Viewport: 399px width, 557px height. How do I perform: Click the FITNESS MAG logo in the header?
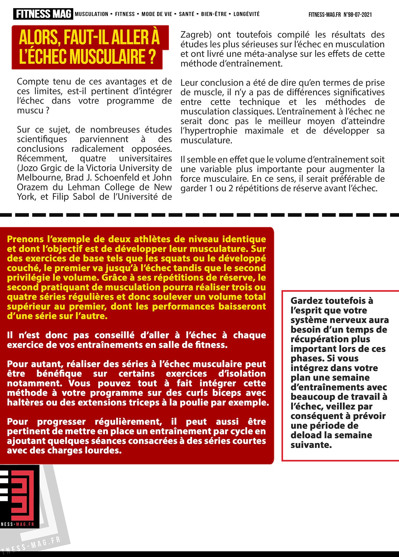click(x=43, y=14)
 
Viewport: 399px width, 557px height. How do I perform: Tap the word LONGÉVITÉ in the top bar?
click(x=246, y=14)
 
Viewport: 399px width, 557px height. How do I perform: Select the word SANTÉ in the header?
click(x=186, y=14)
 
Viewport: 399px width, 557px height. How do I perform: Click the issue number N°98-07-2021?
click(x=358, y=14)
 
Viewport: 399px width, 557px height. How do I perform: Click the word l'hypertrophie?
click(x=209, y=131)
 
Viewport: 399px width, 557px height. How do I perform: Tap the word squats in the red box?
click(x=197, y=259)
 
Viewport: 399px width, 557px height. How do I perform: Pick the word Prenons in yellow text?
click(x=25, y=239)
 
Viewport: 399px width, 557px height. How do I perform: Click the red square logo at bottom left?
click(x=19, y=496)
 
